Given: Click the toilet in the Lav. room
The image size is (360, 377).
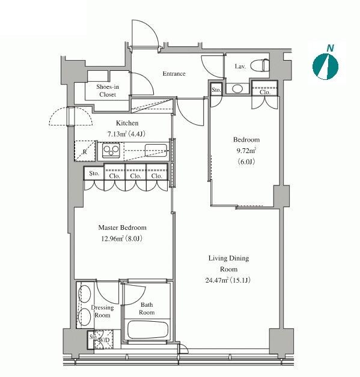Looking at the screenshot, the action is click(260, 65).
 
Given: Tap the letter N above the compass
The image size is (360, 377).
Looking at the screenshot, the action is click(331, 48).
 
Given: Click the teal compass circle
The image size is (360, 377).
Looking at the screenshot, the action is click(325, 66).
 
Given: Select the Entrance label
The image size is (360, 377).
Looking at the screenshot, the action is click(174, 74).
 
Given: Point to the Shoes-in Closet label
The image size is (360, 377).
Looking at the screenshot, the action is click(108, 91).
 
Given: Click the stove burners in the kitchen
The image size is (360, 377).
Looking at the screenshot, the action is click(111, 151).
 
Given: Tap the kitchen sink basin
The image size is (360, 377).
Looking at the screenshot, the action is click(156, 150).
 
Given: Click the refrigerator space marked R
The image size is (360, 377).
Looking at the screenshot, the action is click(85, 152).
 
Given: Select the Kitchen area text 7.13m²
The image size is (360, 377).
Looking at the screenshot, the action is click(117, 134).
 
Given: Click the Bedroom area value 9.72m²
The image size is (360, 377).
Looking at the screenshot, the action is click(246, 151).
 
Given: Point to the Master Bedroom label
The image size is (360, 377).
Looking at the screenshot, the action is click(122, 228).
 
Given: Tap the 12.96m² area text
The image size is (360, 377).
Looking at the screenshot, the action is click(112, 238).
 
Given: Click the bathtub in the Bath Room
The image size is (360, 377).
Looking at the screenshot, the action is click(147, 330).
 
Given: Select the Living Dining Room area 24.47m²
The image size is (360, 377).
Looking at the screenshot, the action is click(217, 280).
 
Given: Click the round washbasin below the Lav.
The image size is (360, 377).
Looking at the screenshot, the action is click(237, 88).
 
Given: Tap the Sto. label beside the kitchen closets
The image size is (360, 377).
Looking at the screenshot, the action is click(94, 173).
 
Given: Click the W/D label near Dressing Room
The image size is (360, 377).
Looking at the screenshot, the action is click(104, 340).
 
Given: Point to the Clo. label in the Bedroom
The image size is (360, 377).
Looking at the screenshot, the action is click(264, 92).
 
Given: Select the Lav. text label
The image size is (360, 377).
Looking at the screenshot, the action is click(240, 67).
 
